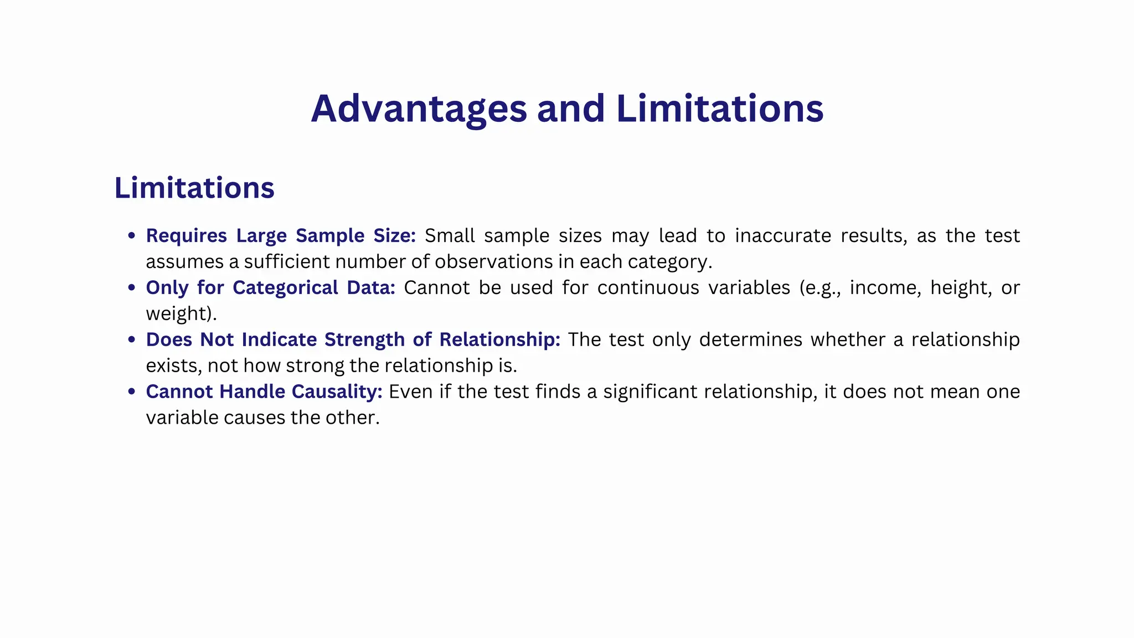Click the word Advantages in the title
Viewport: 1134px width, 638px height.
pos(418,109)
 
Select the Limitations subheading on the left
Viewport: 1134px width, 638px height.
pos(194,188)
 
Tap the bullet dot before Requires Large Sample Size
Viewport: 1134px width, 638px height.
pos(131,235)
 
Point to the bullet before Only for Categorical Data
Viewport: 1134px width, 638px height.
pos(131,287)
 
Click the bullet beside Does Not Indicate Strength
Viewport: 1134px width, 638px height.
pos(131,339)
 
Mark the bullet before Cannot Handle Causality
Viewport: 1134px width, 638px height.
pos(131,392)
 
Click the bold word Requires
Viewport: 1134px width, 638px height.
pos(186,236)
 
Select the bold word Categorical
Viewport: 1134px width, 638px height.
pos(285,288)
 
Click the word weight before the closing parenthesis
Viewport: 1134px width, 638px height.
pos(176,314)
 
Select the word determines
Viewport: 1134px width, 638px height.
pos(750,339)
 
